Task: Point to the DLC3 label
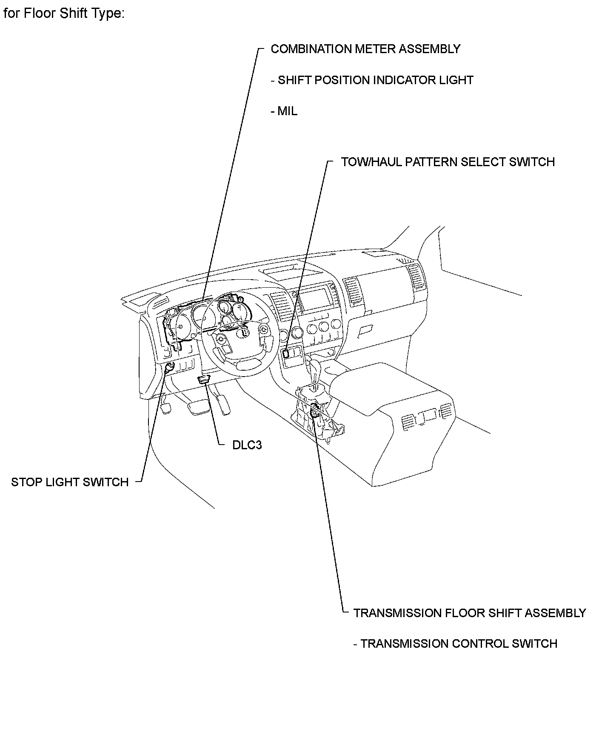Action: click(x=247, y=445)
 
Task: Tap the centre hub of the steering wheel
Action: click(x=244, y=333)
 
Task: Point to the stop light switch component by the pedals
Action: click(x=169, y=368)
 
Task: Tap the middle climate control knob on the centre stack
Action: click(x=324, y=327)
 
